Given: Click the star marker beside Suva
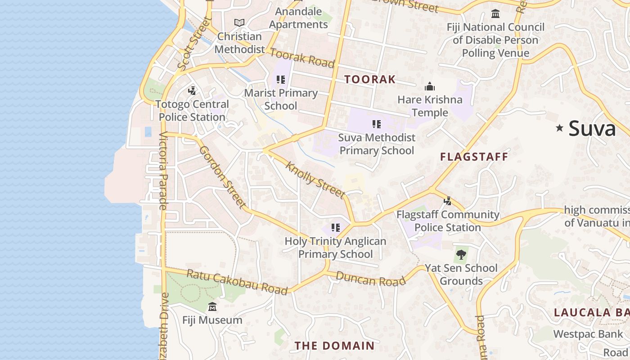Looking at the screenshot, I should [x=559, y=128].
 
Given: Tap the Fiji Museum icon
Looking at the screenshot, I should [x=212, y=307].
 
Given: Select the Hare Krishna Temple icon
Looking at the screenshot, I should [x=430, y=86].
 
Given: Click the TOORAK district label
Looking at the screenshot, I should [x=370, y=80].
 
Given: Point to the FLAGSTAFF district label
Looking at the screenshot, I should [x=474, y=157].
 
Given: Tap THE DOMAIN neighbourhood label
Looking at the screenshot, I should [x=334, y=346].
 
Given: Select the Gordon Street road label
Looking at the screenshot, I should [x=223, y=177].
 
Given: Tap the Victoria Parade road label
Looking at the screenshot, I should [x=162, y=171].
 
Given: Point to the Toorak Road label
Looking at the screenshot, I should [x=302, y=58].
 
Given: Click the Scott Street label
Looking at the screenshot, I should [x=194, y=44].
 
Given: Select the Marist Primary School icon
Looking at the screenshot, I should [x=281, y=80].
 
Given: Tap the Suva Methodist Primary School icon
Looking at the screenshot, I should [x=376, y=124].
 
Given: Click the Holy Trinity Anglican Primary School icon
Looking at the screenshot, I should [x=335, y=228].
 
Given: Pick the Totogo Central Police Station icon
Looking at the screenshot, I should [x=192, y=91].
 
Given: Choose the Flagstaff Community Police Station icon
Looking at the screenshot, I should [x=447, y=201].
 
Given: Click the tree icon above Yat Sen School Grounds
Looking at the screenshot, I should [x=461, y=255].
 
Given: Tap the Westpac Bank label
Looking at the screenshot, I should [x=588, y=334].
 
